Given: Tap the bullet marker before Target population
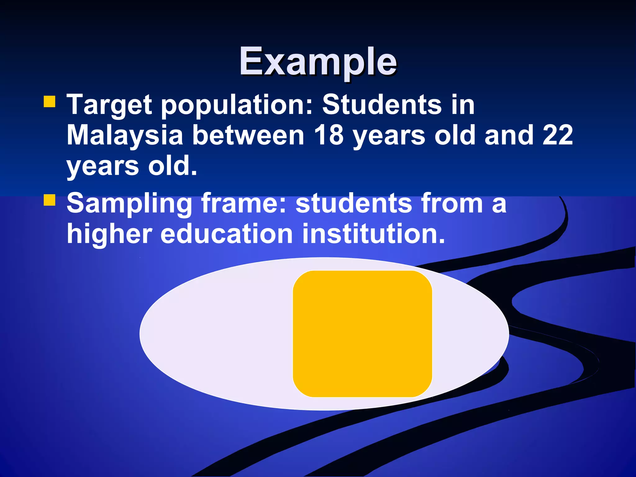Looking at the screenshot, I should (50, 102).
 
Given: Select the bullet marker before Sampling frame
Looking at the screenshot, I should (50, 200).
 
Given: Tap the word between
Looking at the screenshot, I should (248, 135).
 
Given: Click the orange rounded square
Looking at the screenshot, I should (362, 334).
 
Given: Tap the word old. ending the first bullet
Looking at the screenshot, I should (172, 166).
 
